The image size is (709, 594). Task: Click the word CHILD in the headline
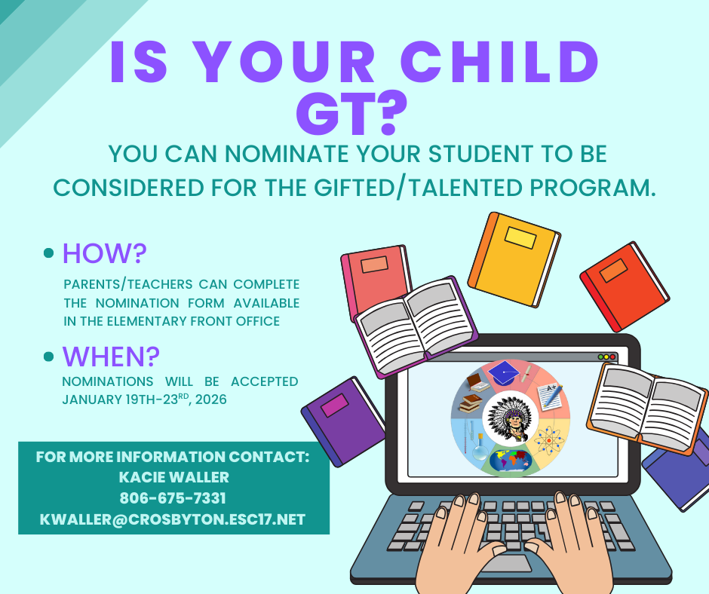(499, 62)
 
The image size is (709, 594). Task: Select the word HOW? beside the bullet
(104, 253)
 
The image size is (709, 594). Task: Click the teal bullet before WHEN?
(48, 357)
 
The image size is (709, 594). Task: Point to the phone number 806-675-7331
(173, 498)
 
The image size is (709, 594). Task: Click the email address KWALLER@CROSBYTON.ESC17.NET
(173, 519)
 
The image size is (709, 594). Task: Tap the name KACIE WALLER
(174, 477)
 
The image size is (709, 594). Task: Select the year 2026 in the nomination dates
(211, 400)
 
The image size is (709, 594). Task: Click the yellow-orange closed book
(514, 259)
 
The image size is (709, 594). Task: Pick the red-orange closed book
(625, 286)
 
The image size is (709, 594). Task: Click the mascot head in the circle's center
(511, 418)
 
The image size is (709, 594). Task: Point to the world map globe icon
(511, 460)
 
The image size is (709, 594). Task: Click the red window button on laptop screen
(612, 357)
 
